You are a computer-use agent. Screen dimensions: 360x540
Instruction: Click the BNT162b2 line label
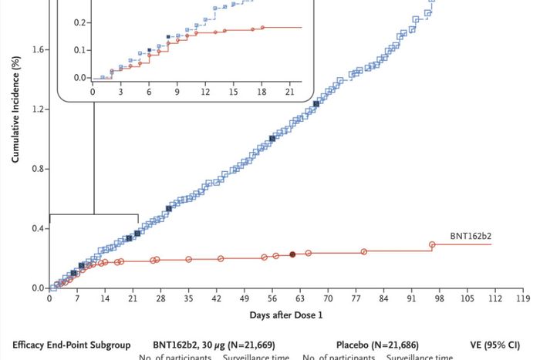point(470,236)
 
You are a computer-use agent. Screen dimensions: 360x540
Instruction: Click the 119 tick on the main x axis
point(522,298)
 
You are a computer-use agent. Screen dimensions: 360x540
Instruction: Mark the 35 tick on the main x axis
point(188,298)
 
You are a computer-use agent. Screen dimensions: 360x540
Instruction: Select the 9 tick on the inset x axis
point(177,91)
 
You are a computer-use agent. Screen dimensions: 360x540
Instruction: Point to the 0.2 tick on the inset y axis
point(79,22)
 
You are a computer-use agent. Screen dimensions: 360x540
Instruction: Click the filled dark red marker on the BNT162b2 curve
point(292,254)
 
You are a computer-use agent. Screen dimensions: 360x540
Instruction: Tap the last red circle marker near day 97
point(432,244)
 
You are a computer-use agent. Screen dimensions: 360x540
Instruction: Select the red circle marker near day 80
point(364,251)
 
